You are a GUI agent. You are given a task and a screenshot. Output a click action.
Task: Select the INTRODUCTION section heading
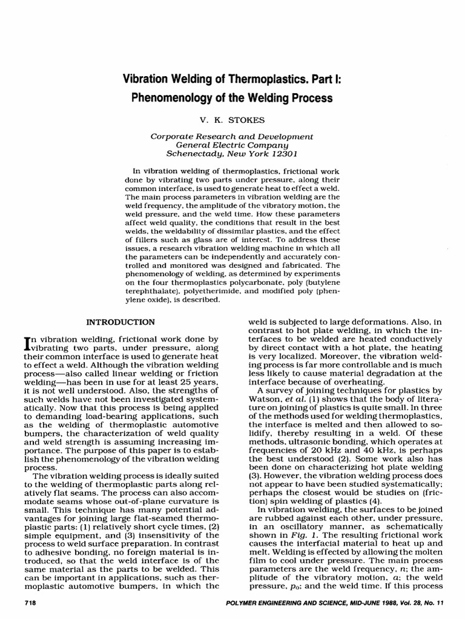(120, 321)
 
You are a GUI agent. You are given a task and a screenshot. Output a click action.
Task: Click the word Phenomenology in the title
(168, 98)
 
